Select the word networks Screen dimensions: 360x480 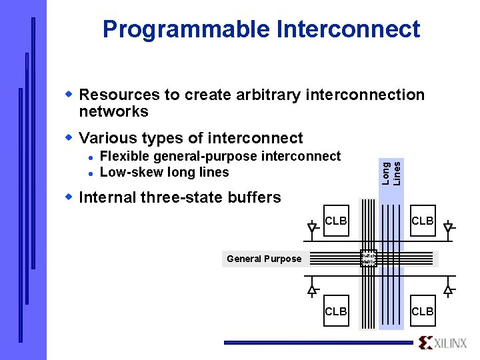click(x=113, y=111)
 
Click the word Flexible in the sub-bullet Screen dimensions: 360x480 click(x=125, y=156)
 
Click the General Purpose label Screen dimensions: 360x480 click(x=264, y=259)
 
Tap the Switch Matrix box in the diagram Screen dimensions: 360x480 click(x=369, y=258)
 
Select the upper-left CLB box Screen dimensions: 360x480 click(x=335, y=221)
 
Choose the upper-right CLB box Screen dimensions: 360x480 click(x=423, y=221)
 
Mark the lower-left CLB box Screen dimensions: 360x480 click(x=335, y=311)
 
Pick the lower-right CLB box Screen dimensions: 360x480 click(x=423, y=311)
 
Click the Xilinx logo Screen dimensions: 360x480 click(x=443, y=343)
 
